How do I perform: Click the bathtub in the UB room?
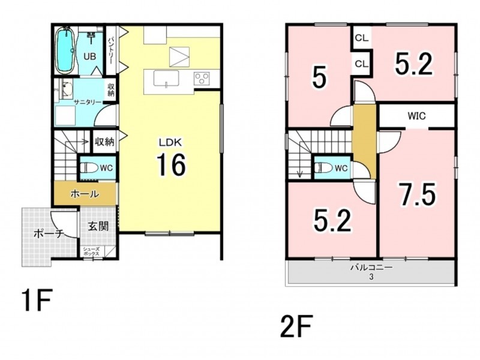pyautogui.click(x=65, y=51)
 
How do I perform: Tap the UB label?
pyautogui.click(x=90, y=56)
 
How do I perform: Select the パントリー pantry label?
pyautogui.click(x=110, y=50)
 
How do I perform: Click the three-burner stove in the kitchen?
pyautogui.click(x=202, y=78)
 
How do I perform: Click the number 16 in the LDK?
pyautogui.click(x=171, y=164)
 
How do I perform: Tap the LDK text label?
pyautogui.click(x=170, y=142)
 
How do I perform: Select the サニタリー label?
pyautogui.click(x=88, y=102)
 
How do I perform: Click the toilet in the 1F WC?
pyautogui.click(x=87, y=168)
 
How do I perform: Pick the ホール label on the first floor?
pyautogui.click(x=85, y=194)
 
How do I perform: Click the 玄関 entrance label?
pyautogui.click(x=98, y=227)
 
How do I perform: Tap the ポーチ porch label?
pyautogui.click(x=49, y=234)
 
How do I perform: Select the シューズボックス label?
pyautogui.click(x=91, y=251)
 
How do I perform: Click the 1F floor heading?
pyautogui.click(x=36, y=300)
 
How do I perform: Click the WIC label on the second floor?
pyautogui.click(x=416, y=116)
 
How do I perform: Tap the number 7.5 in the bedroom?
pyautogui.click(x=417, y=193)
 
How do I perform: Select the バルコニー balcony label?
pyautogui.click(x=371, y=268)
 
